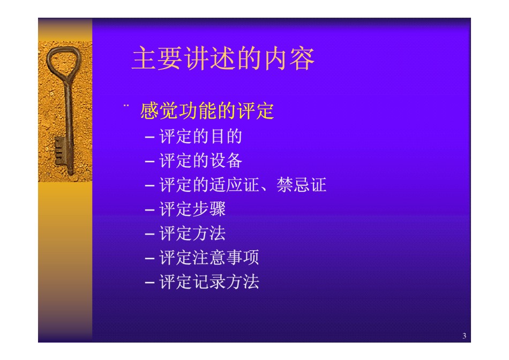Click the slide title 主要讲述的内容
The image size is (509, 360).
[x=223, y=58]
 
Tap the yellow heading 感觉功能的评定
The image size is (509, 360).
[x=207, y=111]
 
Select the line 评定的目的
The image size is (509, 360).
[x=200, y=136]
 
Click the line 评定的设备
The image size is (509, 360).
[x=200, y=161]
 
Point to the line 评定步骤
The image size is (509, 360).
[x=192, y=209]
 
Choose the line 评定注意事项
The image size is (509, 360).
[x=209, y=258]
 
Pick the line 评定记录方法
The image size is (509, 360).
[x=209, y=281]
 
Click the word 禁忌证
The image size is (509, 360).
[x=301, y=185]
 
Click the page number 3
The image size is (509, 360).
[x=464, y=336]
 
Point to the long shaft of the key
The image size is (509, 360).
[x=68, y=126]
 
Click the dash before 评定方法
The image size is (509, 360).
[x=149, y=234]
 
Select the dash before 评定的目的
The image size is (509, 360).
[x=149, y=137]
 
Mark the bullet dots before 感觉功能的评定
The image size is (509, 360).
[x=126, y=105]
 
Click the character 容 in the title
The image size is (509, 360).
[x=302, y=59]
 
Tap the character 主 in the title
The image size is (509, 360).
[x=145, y=58]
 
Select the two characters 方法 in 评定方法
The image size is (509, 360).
[x=209, y=234]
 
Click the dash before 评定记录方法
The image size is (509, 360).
[x=149, y=282]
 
